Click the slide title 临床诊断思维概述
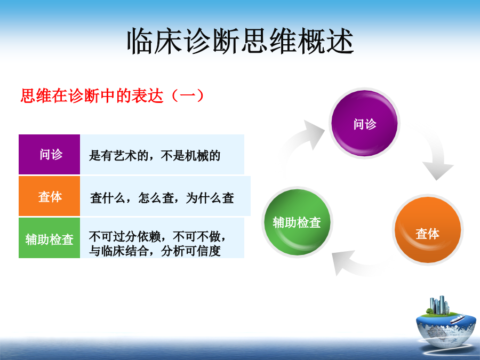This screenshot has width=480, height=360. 241,41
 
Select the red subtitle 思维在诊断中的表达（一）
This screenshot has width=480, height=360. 112,96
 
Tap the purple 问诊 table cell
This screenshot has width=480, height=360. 49,154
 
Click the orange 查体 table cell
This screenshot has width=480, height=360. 49,196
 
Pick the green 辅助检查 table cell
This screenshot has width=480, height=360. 49,238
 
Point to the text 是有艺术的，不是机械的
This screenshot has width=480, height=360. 155,156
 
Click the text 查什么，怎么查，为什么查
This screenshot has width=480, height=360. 162,198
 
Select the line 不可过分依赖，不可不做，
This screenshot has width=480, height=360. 158,236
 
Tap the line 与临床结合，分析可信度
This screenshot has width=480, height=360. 155,251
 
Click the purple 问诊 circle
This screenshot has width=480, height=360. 364,123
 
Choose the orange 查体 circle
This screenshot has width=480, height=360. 428,230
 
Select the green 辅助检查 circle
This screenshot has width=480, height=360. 297,222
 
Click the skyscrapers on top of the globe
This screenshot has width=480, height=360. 439,305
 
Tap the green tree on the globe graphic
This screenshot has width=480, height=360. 430,311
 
